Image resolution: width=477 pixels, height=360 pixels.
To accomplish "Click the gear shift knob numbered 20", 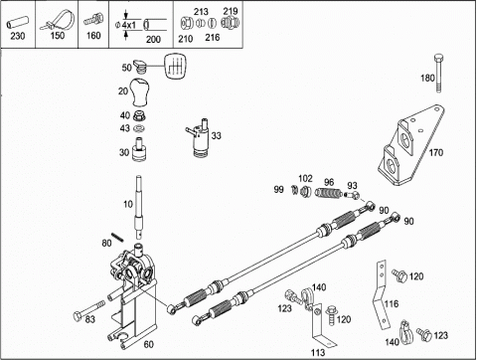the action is pyautogui.click(x=138, y=92).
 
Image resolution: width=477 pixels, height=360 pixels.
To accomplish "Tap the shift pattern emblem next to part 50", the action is pyautogui.click(x=174, y=67).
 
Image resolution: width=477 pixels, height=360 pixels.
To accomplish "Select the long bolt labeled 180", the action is pyautogui.click(x=437, y=73).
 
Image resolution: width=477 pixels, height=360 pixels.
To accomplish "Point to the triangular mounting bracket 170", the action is pyautogui.click(x=410, y=145).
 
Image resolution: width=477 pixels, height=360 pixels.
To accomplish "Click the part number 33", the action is pyautogui.click(x=217, y=135).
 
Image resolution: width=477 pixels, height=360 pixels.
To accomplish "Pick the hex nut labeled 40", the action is pyautogui.click(x=139, y=115).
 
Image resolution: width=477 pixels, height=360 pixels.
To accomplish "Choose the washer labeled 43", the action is pyautogui.click(x=139, y=128).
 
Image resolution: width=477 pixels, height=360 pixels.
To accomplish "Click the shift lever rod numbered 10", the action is pyautogui.click(x=139, y=206).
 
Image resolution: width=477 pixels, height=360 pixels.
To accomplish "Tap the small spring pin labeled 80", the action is pyautogui.click(x=117, y=237).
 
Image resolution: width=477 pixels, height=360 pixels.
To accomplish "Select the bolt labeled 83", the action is pyautogui.click(x=88, y=310).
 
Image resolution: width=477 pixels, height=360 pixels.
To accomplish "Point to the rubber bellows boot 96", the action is pyautogui.click(x=328, y=193).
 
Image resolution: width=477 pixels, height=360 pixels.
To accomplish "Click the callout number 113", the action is pyautogui.click(x=318, y=352).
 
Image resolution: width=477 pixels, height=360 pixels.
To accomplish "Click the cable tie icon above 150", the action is pyautogui.click(x=58, y=21).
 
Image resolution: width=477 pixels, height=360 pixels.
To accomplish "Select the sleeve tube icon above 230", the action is pyautogui.click(x=17, y=24).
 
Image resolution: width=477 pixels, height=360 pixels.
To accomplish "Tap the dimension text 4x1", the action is pyautogui.click(x=129, y=25).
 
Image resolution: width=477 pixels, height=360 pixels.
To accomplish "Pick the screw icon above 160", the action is pyautogui.click(x=93, y=20).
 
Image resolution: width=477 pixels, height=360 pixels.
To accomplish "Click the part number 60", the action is pyautogui.click(x=148, y=344).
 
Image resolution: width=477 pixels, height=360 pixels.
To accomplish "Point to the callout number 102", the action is pyautogui.click(x=305, y=179).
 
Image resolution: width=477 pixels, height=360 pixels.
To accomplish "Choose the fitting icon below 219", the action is pyautogui.click(x=230, y=23).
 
